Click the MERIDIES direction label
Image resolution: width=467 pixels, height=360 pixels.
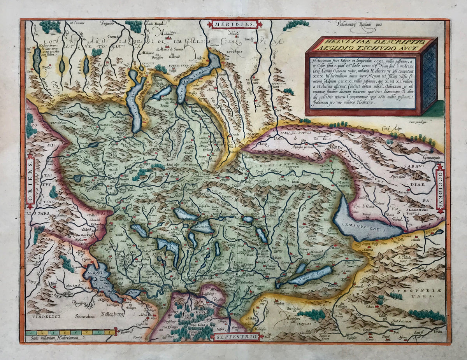coord(235,24)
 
